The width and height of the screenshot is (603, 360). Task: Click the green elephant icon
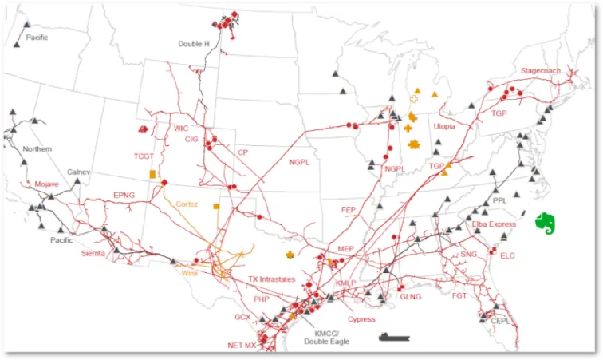(546, 221)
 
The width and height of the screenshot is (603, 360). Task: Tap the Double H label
(194, 44)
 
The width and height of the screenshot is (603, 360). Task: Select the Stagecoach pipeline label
(540, 71)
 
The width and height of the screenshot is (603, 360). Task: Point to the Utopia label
(444, 126)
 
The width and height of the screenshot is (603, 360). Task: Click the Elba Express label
(494, 224)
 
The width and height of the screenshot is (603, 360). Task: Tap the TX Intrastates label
(271, 279)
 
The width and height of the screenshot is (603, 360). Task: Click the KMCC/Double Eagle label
(326, 337)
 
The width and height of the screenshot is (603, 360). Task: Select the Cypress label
(361, 318)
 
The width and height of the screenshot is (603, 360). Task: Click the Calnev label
(78, 172)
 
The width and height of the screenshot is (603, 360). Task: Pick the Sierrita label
(93, 253)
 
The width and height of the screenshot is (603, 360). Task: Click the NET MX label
(242, 345)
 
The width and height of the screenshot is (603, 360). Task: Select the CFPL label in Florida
(500, 320)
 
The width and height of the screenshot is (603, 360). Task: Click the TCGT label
(144, 156)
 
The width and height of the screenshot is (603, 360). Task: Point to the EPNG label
(124, 195)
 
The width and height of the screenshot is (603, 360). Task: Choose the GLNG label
(410, 297)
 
